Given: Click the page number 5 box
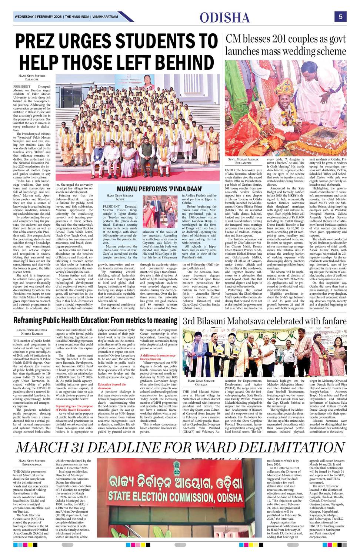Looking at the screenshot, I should click(340, 17).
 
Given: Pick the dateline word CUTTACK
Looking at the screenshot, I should click(201, 385).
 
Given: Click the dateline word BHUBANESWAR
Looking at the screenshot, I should click(32, 464).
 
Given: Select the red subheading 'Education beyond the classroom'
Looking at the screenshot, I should click(112, 386).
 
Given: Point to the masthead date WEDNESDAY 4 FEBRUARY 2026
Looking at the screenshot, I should click(38, 17).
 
